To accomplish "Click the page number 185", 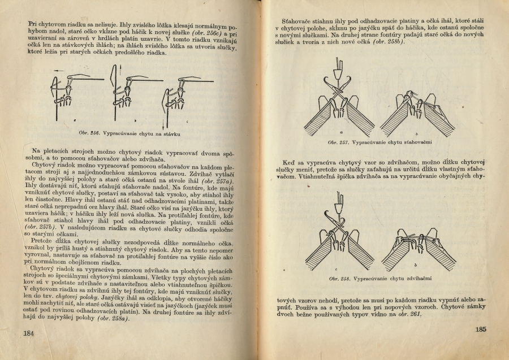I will point(481,329).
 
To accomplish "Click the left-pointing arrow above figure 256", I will point(71,74).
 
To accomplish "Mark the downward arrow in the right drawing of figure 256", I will point(167,120).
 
